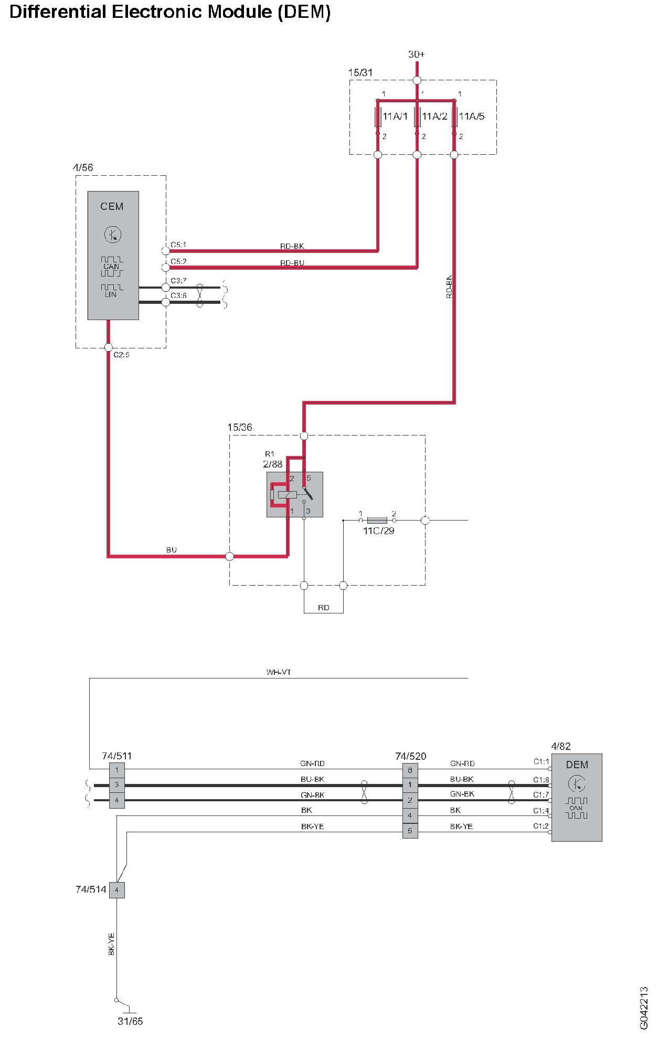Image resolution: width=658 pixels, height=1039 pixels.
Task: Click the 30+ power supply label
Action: click(x=416, y=54)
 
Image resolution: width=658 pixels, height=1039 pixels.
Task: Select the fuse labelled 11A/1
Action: click(x=378, y=116)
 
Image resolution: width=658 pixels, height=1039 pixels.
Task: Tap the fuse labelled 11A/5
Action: click(x=454, y=116)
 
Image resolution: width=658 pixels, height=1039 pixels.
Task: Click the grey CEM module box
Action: click(x=113, y=255)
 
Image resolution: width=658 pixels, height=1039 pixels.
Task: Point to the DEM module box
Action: click(x=576, y=797)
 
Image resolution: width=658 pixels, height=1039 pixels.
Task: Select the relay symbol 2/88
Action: click(x=294, y=494)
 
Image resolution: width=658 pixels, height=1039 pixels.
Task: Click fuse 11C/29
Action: click(x=377, y=520)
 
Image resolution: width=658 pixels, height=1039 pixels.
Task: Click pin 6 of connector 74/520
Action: click(x=410, y=770)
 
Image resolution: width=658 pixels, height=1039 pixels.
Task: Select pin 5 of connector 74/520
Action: click(x=410, y=831)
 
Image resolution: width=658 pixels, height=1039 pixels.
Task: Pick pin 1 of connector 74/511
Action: click(x=116, y=770)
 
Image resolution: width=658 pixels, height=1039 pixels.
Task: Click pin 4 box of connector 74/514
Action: click(x=116, y=890)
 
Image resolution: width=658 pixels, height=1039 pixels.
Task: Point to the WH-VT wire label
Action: click(x=278, y=672)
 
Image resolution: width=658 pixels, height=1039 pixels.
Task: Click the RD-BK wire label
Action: click(x=292, y=246)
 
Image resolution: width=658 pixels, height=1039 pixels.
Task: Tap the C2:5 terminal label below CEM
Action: click(x=121, y=355)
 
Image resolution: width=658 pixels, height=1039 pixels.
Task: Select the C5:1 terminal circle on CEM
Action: click(x=165, y=251)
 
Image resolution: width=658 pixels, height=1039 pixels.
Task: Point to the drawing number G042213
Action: click(x=644, y=1008)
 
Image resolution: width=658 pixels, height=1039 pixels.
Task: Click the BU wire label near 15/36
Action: click(x=171, y=550)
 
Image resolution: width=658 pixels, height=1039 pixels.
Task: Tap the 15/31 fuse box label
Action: click(x=360, y=72)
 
